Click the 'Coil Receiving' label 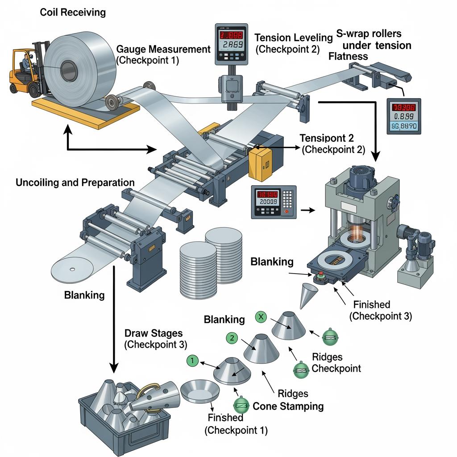coord(73,12)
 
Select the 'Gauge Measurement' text coord(163,49)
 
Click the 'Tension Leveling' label coord(294,38)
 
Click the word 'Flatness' coord(348,56)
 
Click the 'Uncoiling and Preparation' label coord(75,183)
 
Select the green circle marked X coord(261,317)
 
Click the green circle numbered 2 coord(232,338)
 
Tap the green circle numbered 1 coord(191,360)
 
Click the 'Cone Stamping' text coord(288,406)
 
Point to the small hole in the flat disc coord(72,269)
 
